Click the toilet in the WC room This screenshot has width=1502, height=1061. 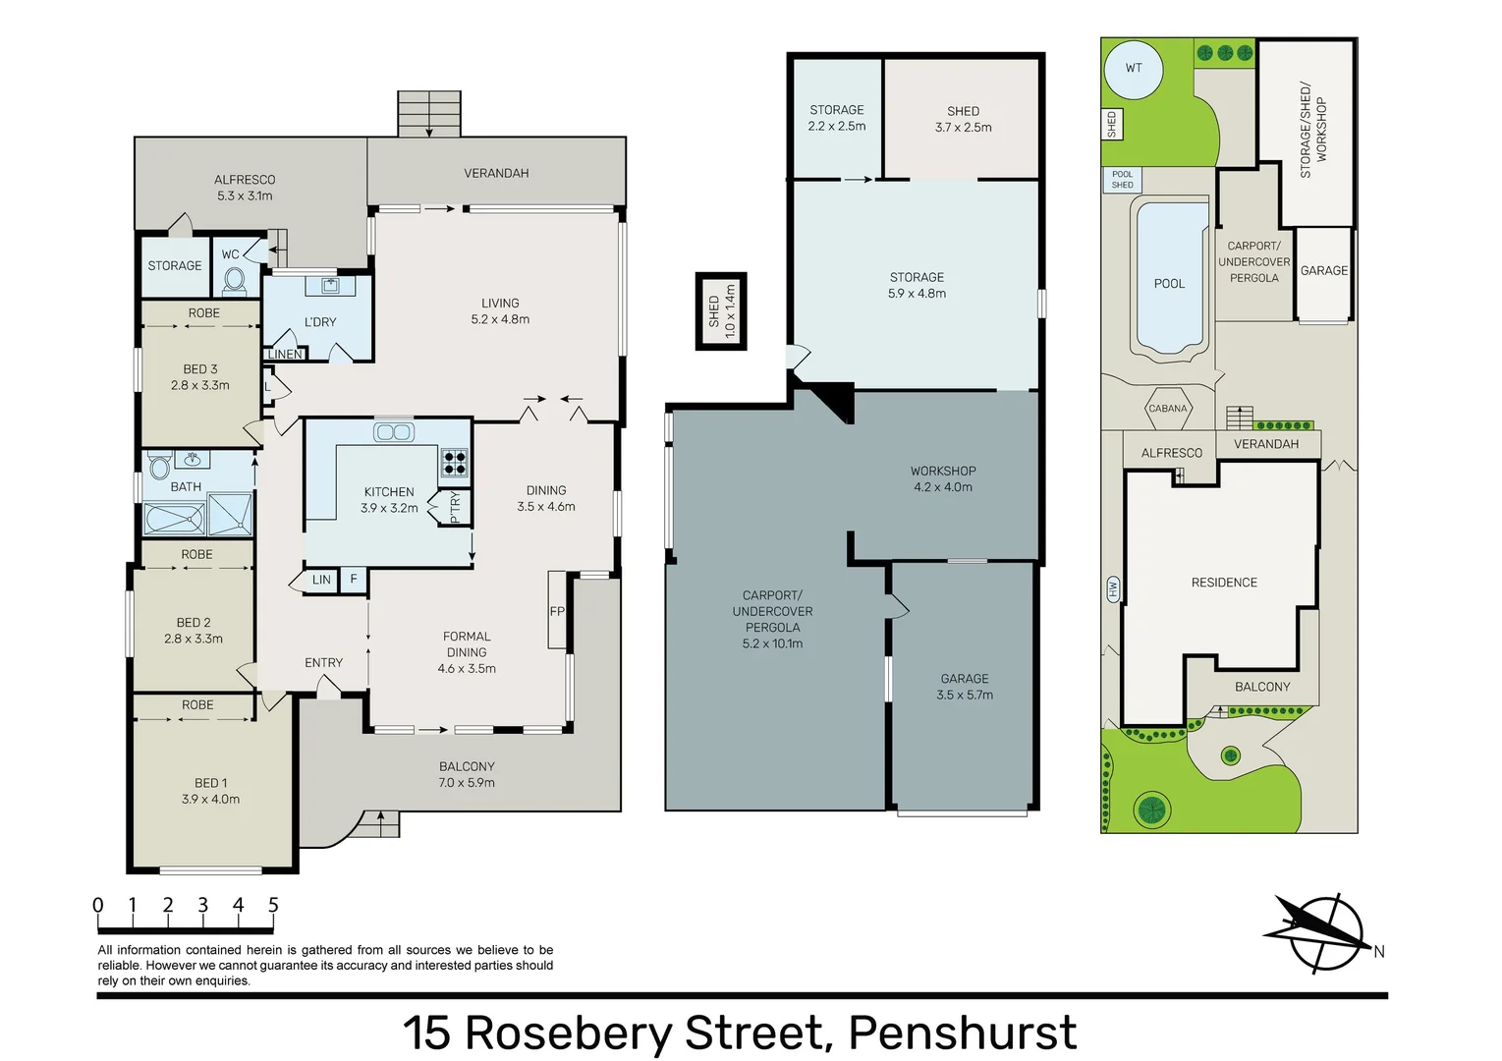[x=234, y=281]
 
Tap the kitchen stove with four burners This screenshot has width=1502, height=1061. [x=455, y=463]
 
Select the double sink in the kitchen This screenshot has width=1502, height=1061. [x=394, y=432]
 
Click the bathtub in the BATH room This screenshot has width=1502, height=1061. [x=175, y=520]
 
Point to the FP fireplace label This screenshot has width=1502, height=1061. [x=557, y=611]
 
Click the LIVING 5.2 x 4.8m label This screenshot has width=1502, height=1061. [x=500, y=311]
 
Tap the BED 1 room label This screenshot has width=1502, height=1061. [x=210, y=791]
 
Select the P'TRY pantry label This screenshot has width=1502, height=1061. [x=455, y=508]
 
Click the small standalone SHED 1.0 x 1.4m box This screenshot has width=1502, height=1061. [x=721, y=311]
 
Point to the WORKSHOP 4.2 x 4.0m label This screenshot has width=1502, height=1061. [x=943, y=478]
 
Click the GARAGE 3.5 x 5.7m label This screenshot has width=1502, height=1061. [x=965, y=687]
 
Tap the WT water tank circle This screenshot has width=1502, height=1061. [x=1134, y=70]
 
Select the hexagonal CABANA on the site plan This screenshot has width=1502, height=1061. [x=1167, y=409]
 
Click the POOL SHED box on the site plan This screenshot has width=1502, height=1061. [x=1123, y=180]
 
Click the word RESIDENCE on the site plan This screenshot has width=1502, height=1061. [x=1224, y=583]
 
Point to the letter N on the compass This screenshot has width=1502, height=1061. [x=1379, y=951]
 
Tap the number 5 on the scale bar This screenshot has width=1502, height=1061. [x=273, y=905]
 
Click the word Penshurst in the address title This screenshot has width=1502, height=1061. [x=963, y=1033]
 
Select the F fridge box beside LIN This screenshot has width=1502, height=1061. [x=354, y=580]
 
